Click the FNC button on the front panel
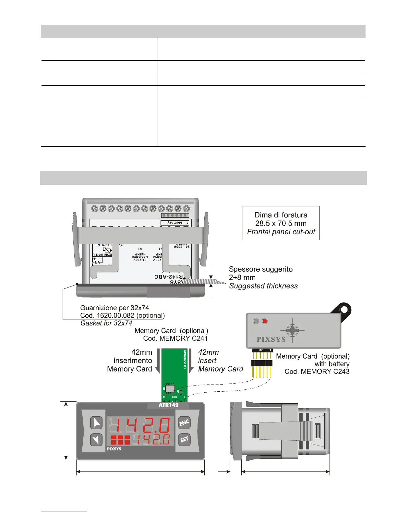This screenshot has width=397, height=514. [x=184, y=422]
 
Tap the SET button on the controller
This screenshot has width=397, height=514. [x=184, y=440]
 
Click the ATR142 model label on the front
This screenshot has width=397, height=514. [x=168, y=405]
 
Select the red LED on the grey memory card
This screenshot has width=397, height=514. [x=265, y=321]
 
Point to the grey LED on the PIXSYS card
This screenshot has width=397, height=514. [x=256, y=321]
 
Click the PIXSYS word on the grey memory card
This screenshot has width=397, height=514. [x=271, y=339]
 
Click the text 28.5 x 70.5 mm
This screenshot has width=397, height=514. [x=281, y=223]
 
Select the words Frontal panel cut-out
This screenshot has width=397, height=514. [x=281, y=232]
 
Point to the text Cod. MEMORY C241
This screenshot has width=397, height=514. [x=175, y=338]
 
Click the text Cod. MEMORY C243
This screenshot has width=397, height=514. [x=317, y=372]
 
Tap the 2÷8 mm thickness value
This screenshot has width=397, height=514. [x=242, y=277]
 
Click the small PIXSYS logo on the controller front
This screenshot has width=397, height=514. [x=114, y=449]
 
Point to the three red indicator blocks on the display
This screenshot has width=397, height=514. [x=120, y=440]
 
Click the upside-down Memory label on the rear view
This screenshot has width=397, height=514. [x=175, y=223]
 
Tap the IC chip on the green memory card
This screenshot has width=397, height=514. [x=170, y=388]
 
